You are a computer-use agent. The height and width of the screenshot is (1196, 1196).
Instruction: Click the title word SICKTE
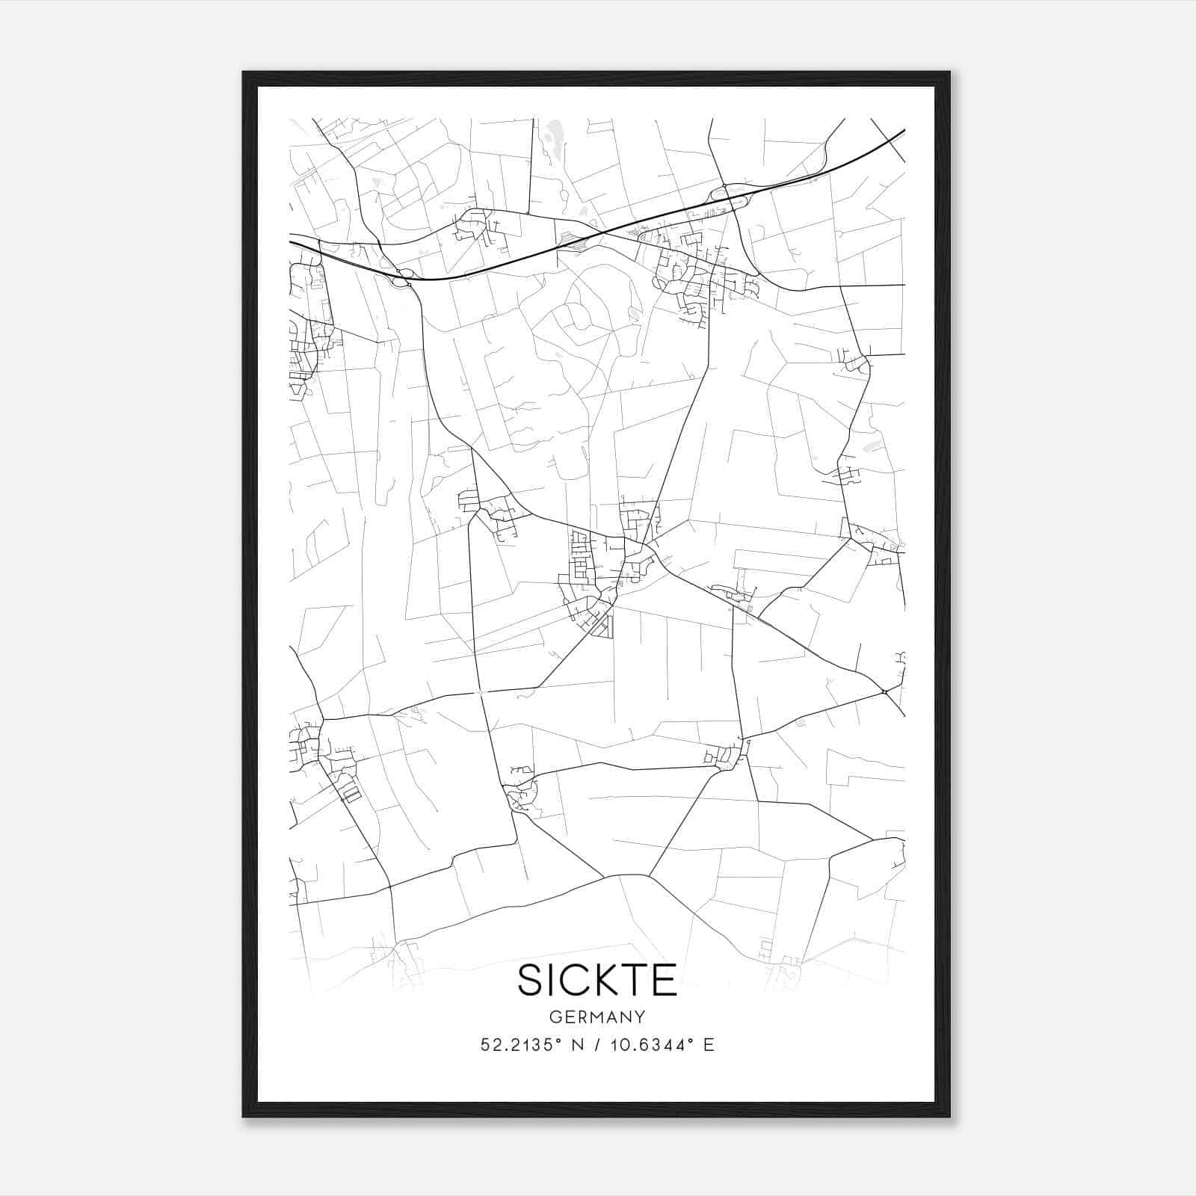pos(597,980)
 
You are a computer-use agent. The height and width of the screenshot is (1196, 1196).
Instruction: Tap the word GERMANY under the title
pos(597,1017)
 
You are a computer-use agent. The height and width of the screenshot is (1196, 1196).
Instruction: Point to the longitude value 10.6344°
pos(638,1045)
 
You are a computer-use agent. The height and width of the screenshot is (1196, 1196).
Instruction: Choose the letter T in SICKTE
pos(638,980)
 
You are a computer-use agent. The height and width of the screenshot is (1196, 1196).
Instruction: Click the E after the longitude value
pos(709,1045)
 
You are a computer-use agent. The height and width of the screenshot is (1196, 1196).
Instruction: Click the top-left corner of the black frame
pos(244,73)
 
